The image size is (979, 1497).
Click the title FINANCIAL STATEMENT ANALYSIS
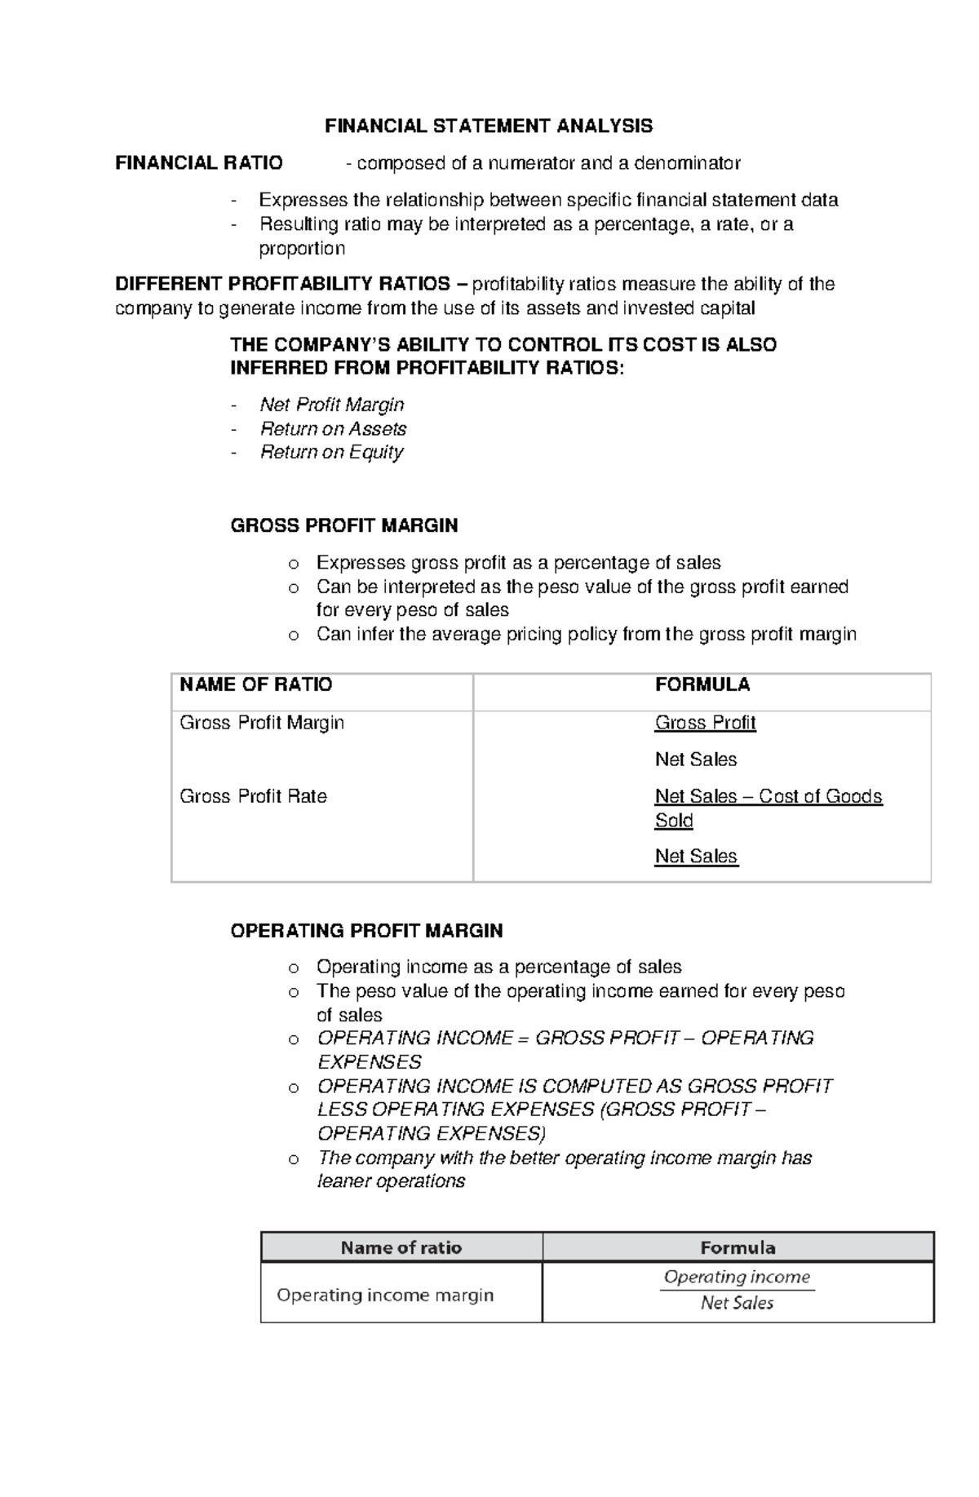point(489,126)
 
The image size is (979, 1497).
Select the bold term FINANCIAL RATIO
point(199,163)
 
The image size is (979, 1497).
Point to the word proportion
point(302,248)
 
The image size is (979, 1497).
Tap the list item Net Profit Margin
point(331,405)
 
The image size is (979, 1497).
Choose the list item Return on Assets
point(333,428)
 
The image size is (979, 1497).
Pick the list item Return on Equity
point(331,452)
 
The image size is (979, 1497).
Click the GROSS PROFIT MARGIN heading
point(343,525)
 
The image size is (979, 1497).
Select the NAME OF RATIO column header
point(255,684)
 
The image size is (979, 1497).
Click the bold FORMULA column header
point(702,684)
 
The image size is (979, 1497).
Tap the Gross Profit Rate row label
point(253,796)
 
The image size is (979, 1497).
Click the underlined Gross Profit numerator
point(705,723)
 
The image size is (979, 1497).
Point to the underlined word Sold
point(673,821)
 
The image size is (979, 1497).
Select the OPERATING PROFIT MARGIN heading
point(366,931)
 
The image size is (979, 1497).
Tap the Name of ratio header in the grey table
point(401,1247)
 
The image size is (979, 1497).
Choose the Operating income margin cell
point(385,1295)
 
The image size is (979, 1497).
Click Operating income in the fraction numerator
point(737,1277)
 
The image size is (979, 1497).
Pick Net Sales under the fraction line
point(737,1303)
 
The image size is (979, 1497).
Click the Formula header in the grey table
point(738,1247)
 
